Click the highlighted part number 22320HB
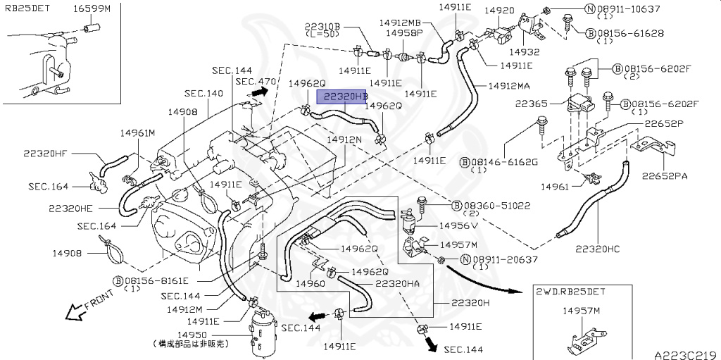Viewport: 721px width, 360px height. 345,96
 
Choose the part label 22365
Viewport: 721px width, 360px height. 534,104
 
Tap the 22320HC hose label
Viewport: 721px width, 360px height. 598,248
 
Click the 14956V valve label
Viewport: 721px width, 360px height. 458,225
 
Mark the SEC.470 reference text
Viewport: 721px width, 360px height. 256,82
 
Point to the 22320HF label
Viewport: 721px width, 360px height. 46,152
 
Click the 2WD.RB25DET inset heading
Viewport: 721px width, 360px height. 570,291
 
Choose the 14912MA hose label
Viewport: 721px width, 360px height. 502,86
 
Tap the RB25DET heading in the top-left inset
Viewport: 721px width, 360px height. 27,9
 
